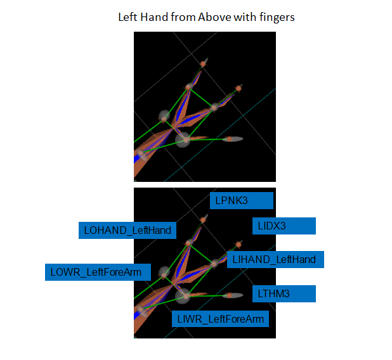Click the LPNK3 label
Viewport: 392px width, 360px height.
coord(241,201)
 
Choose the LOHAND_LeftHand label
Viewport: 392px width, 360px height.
coord(127,230)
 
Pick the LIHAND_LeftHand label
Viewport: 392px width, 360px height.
coord(275,259)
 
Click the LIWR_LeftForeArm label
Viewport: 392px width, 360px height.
coord(219,318)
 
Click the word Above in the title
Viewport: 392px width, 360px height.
coord(214,17)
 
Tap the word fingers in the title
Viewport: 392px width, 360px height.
coord(277,17)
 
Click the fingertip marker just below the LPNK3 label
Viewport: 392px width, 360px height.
coord(203,219)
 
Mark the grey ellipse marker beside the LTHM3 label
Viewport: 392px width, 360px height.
coord(236,295)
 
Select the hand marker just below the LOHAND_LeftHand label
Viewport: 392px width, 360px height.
coord(188,243)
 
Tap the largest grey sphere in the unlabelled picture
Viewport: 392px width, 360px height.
coord(183,139)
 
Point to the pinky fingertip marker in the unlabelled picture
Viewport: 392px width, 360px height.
coord(203,63)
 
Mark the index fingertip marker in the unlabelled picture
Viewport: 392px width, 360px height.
coord(238,88)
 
